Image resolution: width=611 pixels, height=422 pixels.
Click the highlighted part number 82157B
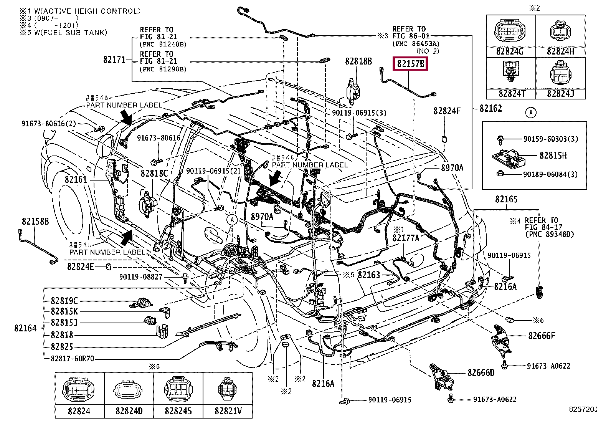click(410, 63)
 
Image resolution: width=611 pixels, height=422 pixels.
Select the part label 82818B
click(358, 61)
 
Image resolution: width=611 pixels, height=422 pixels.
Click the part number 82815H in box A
click(553, 156)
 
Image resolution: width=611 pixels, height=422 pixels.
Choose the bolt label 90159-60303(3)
click(551, 139)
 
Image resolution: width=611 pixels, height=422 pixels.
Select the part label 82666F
click(542, 336)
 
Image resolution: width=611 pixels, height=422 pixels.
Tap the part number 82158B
click(35, 222)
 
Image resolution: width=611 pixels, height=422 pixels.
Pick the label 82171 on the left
click(114, 60)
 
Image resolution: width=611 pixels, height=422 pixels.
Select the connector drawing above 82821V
click(228, 390)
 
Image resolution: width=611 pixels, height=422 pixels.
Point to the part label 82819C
click(64, 301)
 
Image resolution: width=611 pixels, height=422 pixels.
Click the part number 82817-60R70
click(72, 359)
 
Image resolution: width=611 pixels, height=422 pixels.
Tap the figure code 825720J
click(583, 409)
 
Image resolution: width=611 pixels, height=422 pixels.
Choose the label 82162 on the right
click(491, 109)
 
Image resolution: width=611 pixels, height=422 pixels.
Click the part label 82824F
click(447, 111)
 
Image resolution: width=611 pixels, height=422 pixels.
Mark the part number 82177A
click(406, 238)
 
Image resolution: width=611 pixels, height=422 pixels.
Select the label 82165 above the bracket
click(506, 199)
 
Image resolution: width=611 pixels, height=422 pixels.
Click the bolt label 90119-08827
click(141, 277)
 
